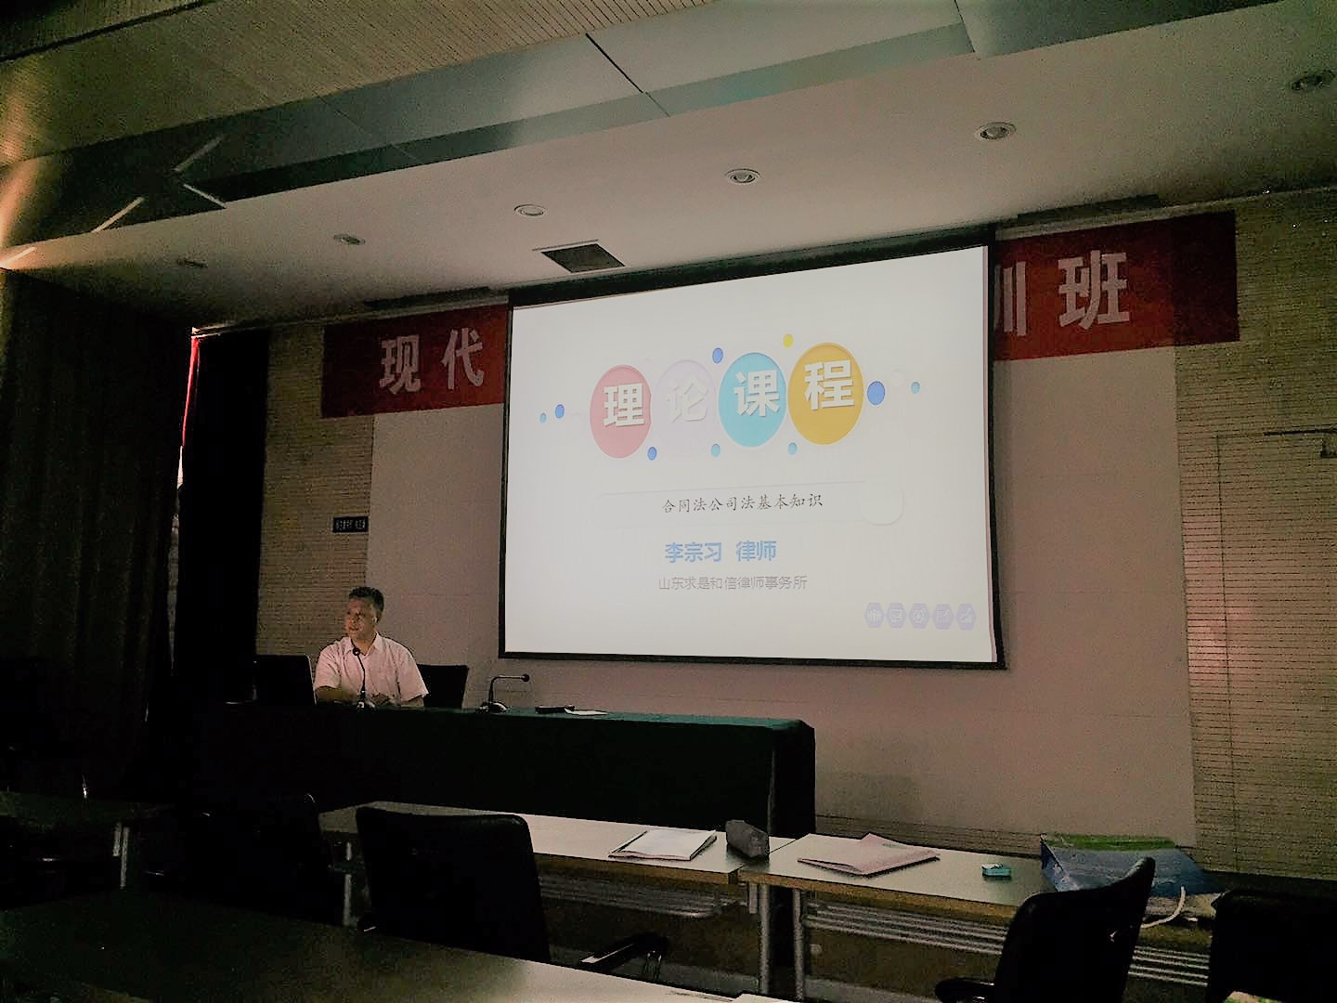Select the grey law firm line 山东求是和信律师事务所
click(731, 584)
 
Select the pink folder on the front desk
click(867, 852)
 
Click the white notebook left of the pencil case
click(663, 843)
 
